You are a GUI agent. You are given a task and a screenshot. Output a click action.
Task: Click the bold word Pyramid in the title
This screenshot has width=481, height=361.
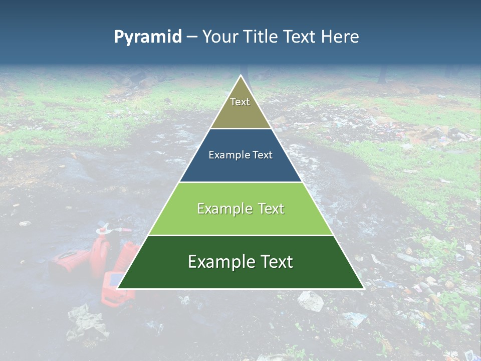tap(148, 37)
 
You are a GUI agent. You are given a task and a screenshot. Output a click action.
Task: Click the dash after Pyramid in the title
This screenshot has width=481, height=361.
tap(192, 37)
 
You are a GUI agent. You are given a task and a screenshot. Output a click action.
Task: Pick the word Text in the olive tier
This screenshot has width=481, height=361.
tap(240, 102)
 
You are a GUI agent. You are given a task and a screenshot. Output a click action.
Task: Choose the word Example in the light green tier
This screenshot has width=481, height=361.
tap(223, 209)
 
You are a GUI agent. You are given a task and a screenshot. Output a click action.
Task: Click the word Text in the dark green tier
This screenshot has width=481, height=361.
tap(274, 262)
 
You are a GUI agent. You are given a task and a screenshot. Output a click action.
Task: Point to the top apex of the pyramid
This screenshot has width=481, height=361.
tap(241, 76)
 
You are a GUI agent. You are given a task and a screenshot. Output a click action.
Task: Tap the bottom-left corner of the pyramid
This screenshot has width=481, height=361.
tap(118, 288)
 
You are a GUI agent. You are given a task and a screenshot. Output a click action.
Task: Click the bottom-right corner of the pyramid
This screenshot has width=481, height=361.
tap(363, 288)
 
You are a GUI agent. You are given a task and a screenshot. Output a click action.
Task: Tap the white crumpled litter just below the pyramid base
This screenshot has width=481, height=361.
tap(311, 300)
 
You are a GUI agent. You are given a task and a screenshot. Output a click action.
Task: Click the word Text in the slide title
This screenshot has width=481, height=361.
tap(300, 37)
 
